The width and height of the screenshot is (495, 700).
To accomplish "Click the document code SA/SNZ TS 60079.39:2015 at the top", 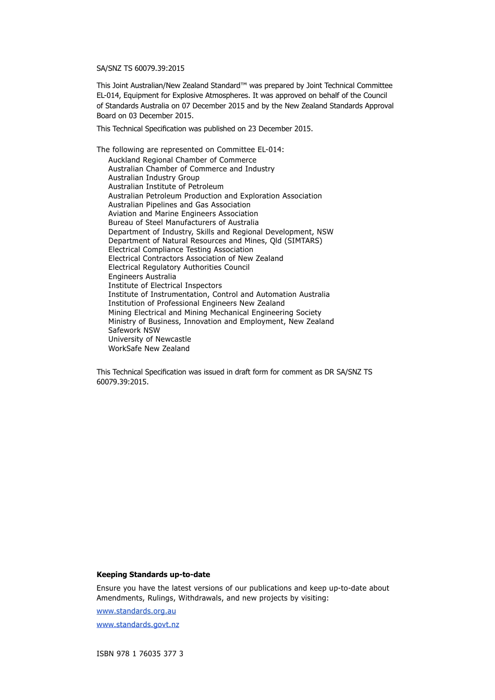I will pyautogui.click(x=140, y=68).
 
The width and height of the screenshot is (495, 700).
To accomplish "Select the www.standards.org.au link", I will pyautogui.click(x=136, y=611).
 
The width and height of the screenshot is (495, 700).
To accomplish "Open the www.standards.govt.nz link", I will pyautogui.click(x=138, y=624).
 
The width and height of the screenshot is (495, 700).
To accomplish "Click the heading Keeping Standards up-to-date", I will pyautogui.click(x=153, y=574).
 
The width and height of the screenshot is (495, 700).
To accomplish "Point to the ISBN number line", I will pyautogui.click(x=140, y=654).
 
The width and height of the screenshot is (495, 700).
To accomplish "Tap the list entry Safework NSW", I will pyautogui.click(x=134, y=330).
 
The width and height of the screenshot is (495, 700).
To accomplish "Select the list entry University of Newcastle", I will pyautogui.click(x=150, y=339).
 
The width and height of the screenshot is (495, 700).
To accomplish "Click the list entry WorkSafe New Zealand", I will pyautogui.click(x=148, y=348).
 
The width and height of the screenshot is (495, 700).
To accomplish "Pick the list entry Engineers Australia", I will pyautogui.click(x=142, y=277).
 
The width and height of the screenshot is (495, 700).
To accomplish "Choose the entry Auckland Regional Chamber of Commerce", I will pyautogui.click(x=182, y=160).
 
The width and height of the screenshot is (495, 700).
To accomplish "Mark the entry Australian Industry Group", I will pyautogui.click(x=154, y=178).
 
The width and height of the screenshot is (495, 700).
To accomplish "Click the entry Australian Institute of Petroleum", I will pyautogui.click(x=166, y=186).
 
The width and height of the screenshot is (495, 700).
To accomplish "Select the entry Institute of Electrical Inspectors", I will pyautogui.click(x=165, y=285).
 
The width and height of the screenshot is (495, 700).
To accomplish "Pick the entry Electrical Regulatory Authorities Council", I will pyautogui.click(x=179, y=267).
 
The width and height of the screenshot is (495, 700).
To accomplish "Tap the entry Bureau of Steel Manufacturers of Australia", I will pyautogui.click(x=183, y=222).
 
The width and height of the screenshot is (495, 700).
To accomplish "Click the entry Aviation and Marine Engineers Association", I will pyautogui.click(x=183, y=214).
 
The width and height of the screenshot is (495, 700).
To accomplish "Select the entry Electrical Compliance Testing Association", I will pyautogui.click(x=180, y=249).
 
